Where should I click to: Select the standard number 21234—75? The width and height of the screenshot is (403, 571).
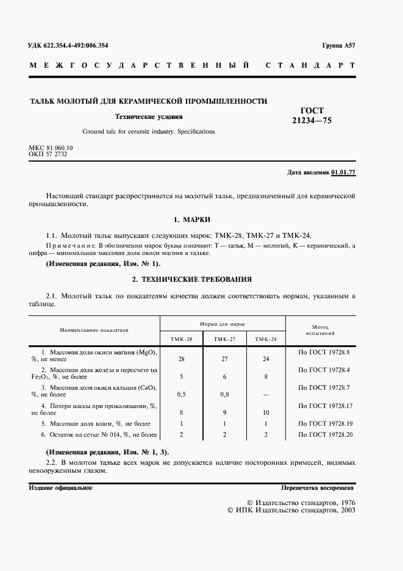point(312,120)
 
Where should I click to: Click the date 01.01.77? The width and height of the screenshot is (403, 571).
point(343,173)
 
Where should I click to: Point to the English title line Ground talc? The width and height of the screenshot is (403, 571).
point(149,131)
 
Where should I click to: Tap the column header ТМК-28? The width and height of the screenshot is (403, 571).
point(181,339)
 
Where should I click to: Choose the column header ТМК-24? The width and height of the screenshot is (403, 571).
point(266,339)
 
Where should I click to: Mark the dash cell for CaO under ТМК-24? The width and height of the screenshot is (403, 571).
point(266,394)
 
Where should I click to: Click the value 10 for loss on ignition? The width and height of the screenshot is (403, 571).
point(266,412)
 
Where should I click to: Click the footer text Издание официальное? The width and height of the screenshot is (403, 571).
point(60,489)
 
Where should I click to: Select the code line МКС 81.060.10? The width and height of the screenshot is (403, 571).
point(51,148)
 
